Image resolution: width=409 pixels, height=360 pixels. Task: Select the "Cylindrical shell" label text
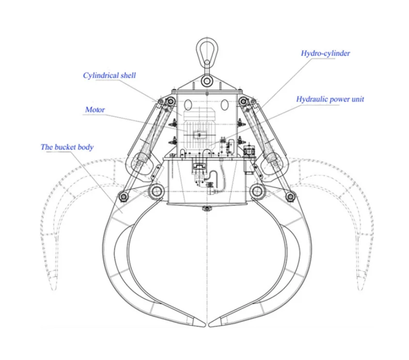(109, 76)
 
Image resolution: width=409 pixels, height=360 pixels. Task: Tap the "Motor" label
(95, 110)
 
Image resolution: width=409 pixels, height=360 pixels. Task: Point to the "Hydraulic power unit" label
(330, 99)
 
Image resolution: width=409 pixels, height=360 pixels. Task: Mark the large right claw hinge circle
(257, 191)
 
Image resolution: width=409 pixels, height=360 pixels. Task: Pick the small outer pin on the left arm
(123, 196)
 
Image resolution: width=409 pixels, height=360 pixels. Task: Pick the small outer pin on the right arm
(291, 196)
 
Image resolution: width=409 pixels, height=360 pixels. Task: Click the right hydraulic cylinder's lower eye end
(270, 161)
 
